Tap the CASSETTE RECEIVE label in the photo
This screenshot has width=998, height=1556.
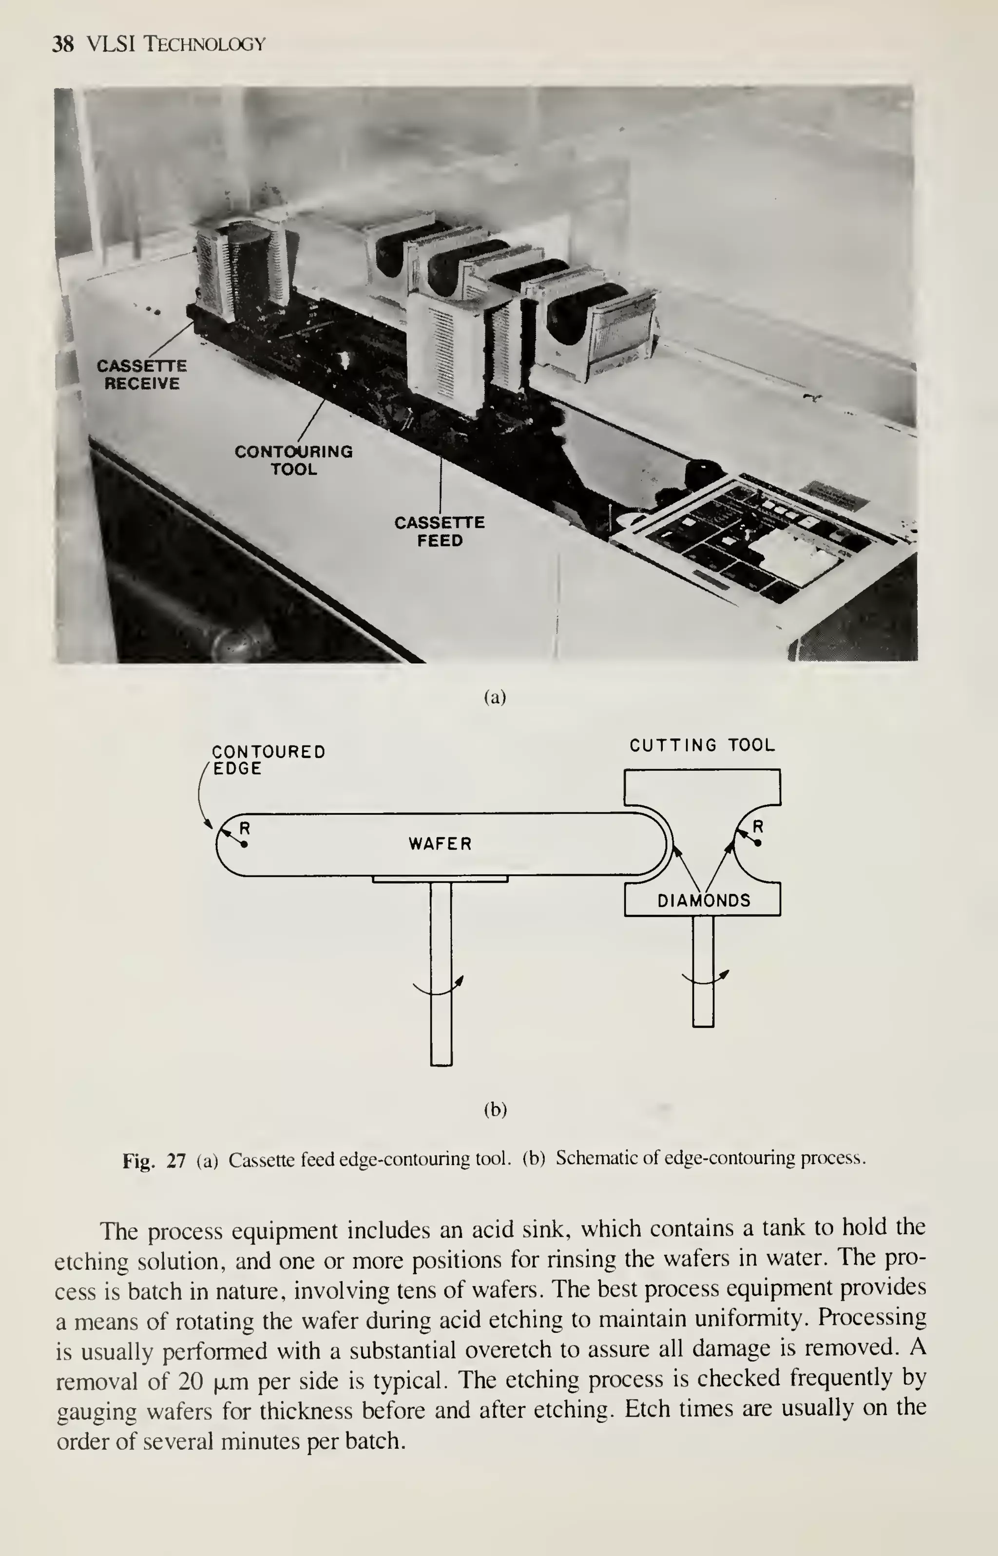pos(142,375)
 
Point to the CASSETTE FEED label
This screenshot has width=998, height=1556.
pos(440,531)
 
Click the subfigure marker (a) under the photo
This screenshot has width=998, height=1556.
pos(495,697)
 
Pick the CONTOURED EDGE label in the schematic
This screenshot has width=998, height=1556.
pos(267,760)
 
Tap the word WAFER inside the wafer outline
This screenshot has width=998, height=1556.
pos(440,843)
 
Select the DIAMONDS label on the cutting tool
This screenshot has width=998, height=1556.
pos(704,900)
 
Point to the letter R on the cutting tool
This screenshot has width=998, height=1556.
pos(758,827)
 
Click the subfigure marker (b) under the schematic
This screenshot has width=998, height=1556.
pos(495,1110)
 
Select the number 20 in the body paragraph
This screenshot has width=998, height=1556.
pos(191,1382)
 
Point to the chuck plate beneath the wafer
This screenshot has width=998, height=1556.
pos(441,879)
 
